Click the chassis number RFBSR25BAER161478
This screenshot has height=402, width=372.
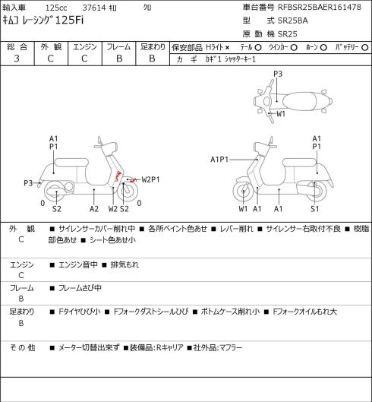pos(320,7)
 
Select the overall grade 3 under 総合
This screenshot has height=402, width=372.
pos(17,59)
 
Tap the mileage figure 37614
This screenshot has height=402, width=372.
pos(94,8)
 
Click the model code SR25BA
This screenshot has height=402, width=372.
pos(293,21)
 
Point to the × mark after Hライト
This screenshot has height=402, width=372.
pos(227,48)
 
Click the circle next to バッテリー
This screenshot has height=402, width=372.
pos(365,48)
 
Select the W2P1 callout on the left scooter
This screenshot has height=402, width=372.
pos(150,179)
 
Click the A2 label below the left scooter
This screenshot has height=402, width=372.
pos(94,209)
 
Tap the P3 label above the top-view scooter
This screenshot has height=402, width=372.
pos(278,74)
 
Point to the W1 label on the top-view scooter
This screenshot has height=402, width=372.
pos(281,114)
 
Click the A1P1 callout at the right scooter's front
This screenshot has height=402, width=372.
pos(219,160)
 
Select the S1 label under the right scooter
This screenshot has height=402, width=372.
pos(314,209)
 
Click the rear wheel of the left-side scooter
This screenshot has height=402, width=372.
pos(55,192)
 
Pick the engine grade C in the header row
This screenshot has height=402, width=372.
pos(84,59)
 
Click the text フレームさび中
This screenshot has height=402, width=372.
pos(80,288)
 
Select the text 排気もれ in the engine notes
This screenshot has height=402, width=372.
pos(125,264)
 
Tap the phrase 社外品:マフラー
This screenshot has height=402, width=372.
pos(218,348)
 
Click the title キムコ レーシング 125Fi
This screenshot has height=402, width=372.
pos(43,20)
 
